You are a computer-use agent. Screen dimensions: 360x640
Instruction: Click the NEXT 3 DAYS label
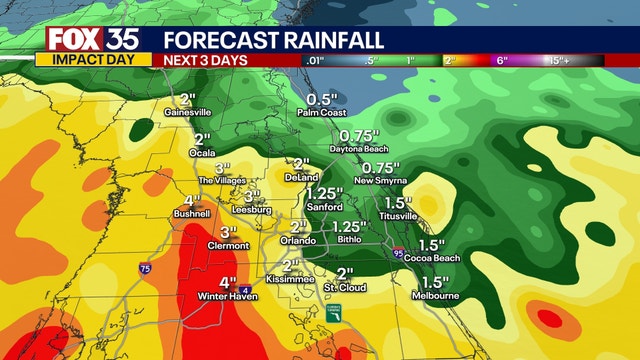click(x=205, y=60)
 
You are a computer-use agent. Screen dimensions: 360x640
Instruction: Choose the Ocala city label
click(x=203, y=152)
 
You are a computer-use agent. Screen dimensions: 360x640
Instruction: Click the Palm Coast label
click(x=321, y=114)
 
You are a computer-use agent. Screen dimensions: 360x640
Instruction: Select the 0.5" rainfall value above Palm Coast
click(x=321, y=100)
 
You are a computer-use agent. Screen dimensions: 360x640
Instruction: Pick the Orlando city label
click(x=297, y=241)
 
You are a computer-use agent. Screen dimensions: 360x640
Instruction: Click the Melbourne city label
click(x=435, y=296)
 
